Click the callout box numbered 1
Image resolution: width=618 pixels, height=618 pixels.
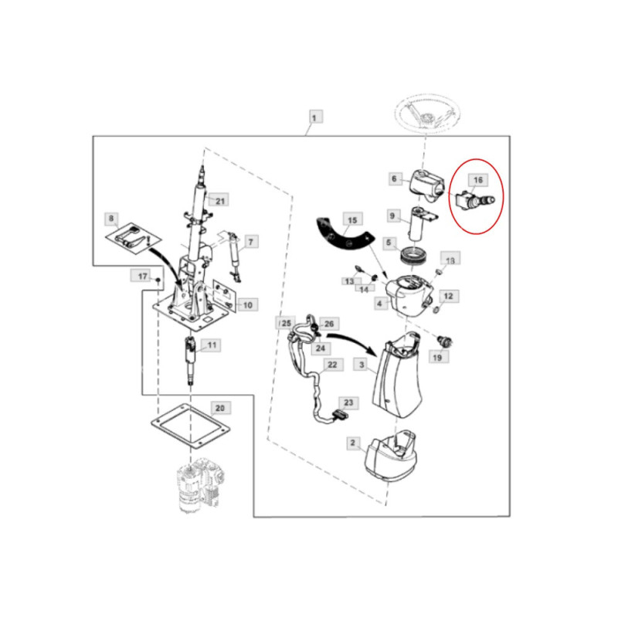314,117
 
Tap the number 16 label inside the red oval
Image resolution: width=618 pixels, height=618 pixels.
477,180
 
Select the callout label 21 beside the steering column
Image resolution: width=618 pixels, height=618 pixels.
220,201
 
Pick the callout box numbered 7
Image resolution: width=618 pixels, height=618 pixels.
250,241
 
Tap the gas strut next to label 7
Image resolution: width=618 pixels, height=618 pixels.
234,257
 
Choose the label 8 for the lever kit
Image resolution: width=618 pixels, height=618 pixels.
111,219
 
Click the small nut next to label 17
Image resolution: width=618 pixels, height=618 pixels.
158,280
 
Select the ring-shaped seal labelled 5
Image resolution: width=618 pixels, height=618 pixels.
411,256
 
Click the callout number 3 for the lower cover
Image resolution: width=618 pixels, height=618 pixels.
362,365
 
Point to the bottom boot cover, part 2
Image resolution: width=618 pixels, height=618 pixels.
391,456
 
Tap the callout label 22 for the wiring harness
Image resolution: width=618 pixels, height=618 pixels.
332,365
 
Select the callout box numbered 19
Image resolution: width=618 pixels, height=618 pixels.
437,358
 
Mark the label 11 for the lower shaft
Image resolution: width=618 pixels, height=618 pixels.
212,345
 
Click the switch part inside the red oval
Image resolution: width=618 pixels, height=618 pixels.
474,201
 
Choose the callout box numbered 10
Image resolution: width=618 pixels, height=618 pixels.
247,304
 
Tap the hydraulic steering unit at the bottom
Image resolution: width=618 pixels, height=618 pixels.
200,486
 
